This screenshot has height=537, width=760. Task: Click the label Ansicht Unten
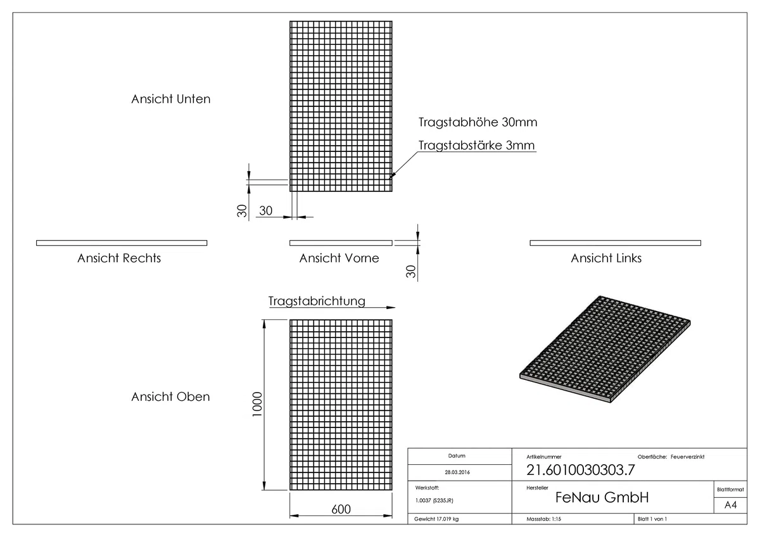170,99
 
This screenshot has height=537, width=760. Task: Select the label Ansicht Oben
170,396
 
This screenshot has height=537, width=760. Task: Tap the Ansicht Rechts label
119,258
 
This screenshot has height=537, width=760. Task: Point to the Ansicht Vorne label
339,258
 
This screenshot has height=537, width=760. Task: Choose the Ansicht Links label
606,258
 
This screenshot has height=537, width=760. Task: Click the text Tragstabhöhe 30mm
478,122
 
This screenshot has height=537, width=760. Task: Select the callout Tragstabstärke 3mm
477,145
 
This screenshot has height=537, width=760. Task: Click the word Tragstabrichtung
317,301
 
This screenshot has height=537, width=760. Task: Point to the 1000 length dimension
258,405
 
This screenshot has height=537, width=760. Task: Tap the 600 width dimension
341,509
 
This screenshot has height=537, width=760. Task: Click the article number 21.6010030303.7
581,470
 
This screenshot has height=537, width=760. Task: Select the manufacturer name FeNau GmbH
602,497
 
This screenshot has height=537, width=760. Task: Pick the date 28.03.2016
457,472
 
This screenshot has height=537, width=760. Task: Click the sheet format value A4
730,505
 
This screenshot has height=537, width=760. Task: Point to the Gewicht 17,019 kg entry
436,519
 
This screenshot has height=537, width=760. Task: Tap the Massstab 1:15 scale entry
543,519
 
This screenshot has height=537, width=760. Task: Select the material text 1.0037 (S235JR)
434,500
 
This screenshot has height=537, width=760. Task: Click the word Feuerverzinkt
687,457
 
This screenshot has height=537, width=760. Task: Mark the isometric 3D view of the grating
605,349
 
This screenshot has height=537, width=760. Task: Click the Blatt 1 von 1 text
652,519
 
